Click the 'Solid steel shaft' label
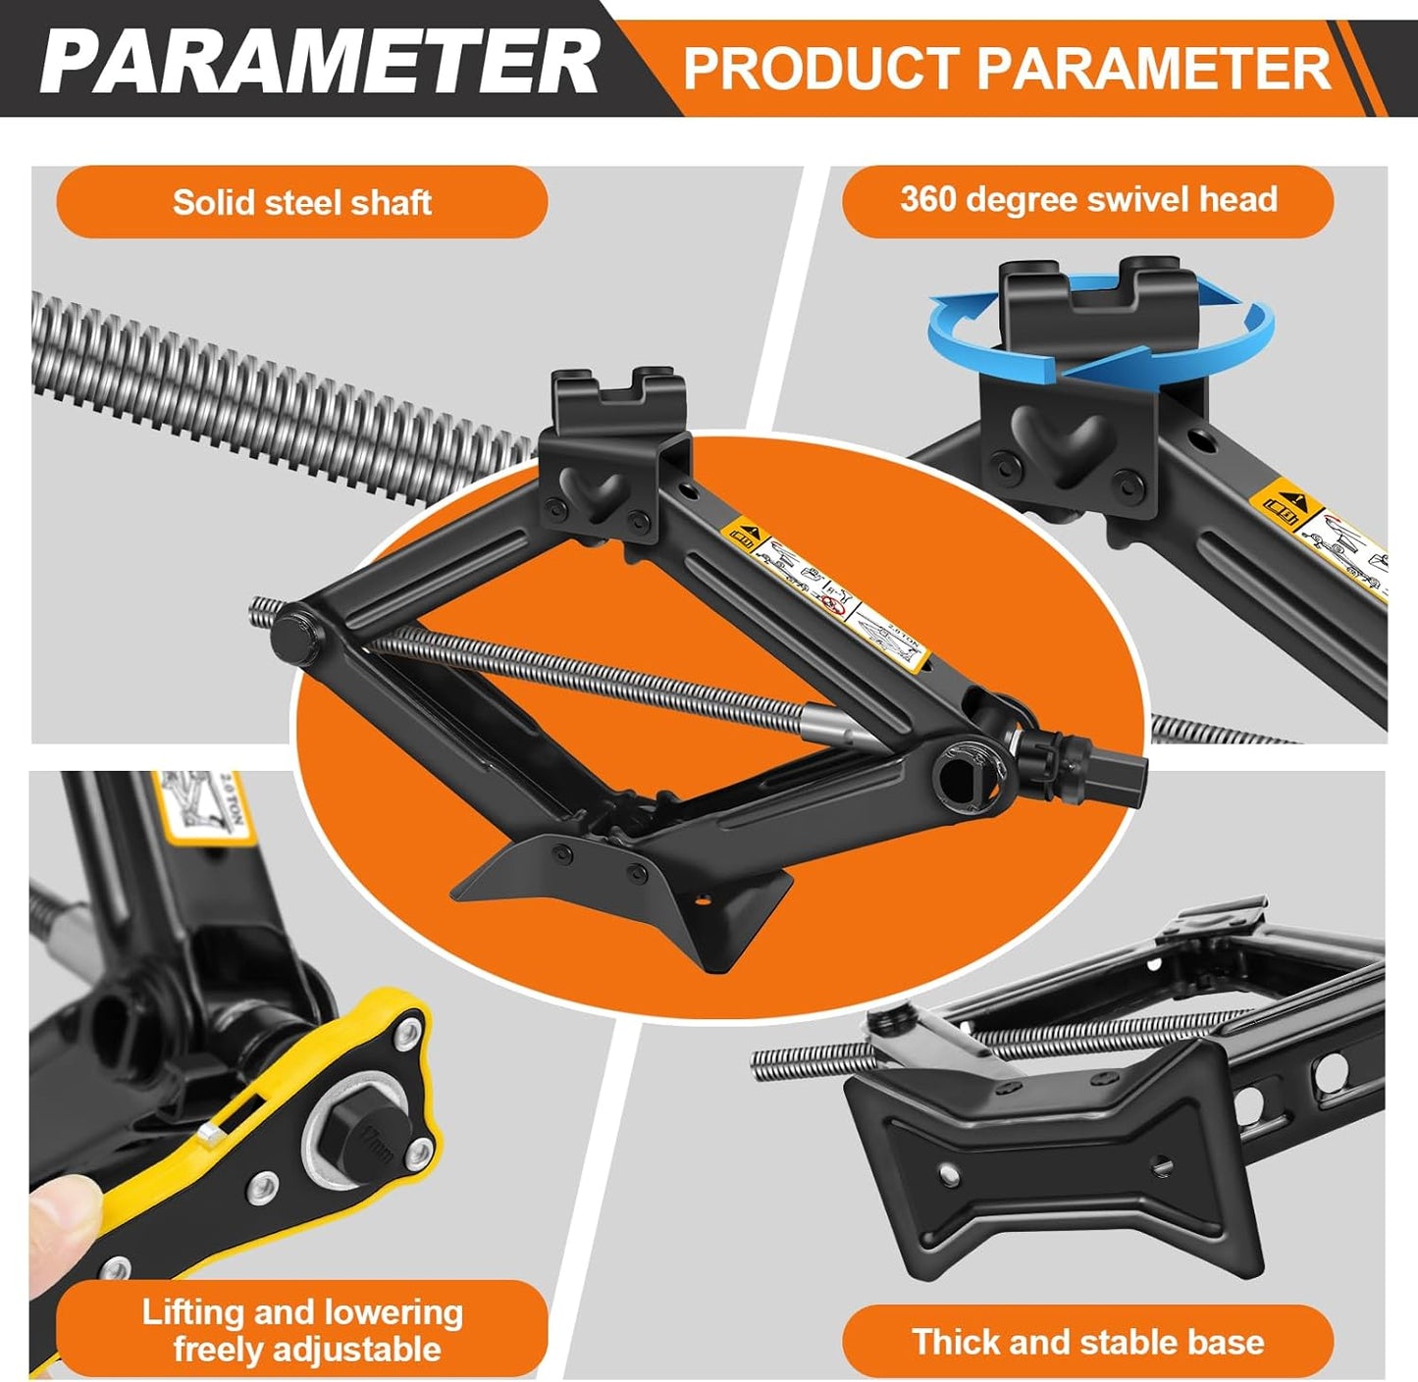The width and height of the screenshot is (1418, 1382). click(x=301, y=202)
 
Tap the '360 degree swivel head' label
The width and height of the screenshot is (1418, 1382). click(x=1087, y=200)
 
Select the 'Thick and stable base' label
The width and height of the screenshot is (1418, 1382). click(x=1087, y=1341)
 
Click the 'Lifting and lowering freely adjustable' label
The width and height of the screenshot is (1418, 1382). click(x=301, y=1330)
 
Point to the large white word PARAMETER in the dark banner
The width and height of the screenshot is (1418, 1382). click(x=319, y=61)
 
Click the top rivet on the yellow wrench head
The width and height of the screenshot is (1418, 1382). click(x=407, y=1029)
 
